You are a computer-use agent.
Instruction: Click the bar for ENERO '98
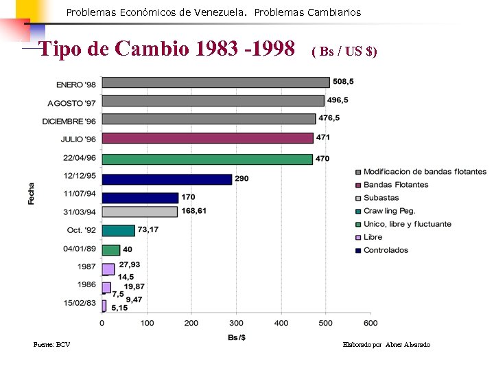pos(215,83)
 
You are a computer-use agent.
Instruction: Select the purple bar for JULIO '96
pos(207,138)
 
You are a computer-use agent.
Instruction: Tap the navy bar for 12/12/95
pos(167,179)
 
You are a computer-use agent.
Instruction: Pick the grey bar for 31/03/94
pos(139,212)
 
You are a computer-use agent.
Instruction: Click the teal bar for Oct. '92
pos(118,231)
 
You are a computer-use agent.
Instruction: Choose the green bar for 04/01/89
pos(110,250)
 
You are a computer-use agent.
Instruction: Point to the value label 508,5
pos(343,82)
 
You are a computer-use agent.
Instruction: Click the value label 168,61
pos(193,211)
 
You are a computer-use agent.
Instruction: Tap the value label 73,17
pos(148,229)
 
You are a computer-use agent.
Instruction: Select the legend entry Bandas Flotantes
pos(395,185)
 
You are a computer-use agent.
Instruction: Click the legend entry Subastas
pos(381,198)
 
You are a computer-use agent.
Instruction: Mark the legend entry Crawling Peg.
pos(389,211)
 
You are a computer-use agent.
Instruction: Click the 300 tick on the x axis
pos(236,323)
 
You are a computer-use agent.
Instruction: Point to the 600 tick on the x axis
pos(370,323)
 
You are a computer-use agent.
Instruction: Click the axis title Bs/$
pos(237,337)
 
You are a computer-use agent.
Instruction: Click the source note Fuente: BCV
pos(51,344)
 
